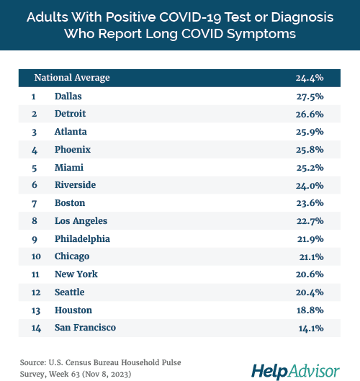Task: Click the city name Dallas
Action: (68, 96)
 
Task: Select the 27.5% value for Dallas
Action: (309, 96)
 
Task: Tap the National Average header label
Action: (72, 78)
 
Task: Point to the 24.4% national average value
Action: (309, 78)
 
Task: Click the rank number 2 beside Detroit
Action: (34, 114)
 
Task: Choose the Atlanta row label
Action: (71, 132)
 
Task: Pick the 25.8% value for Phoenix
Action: (309, 149)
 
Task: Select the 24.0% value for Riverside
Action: (309, 185)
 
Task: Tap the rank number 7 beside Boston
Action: (34, 203)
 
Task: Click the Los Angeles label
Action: (81, 221)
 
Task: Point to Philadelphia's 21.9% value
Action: (309, 238)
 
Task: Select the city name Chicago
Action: (72, 256)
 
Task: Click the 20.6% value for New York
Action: (309, 274)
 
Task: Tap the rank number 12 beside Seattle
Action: (35, 292)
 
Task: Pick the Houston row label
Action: (73, 310)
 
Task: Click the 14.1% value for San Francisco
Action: (309, 328)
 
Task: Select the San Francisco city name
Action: (85, 328)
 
